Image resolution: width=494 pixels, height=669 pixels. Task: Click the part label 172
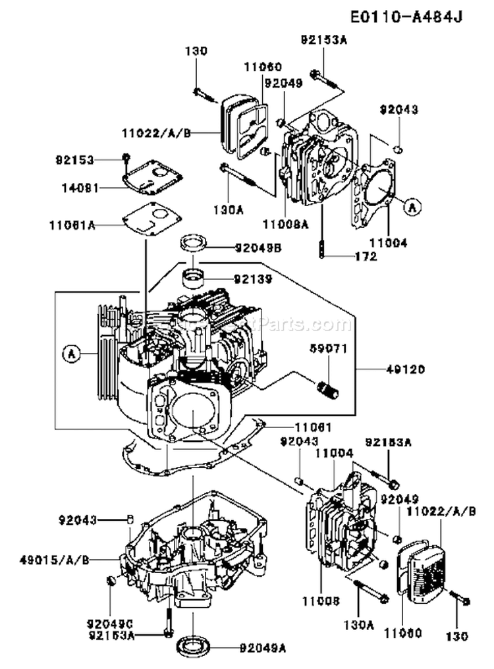coord(365,256)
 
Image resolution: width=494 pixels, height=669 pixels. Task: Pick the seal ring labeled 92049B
coord(194,243)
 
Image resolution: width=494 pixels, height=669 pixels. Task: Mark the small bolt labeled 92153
coord(124,157)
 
